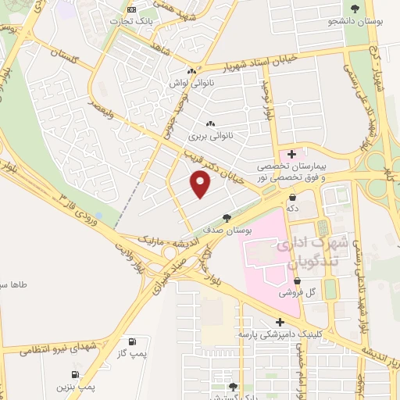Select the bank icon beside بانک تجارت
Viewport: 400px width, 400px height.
[131, 9]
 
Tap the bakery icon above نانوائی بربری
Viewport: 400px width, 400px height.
[209, 123]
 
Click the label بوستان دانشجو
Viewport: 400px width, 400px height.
[355, 21]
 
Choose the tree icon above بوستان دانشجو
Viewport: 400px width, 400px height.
[355, 9]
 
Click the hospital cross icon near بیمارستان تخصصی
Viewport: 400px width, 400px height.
[291, 155]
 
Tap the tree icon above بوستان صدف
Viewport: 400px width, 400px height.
[227, 218]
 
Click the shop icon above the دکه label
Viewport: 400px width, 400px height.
[291, 196]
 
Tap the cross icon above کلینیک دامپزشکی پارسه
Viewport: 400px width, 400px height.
[279, 321]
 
